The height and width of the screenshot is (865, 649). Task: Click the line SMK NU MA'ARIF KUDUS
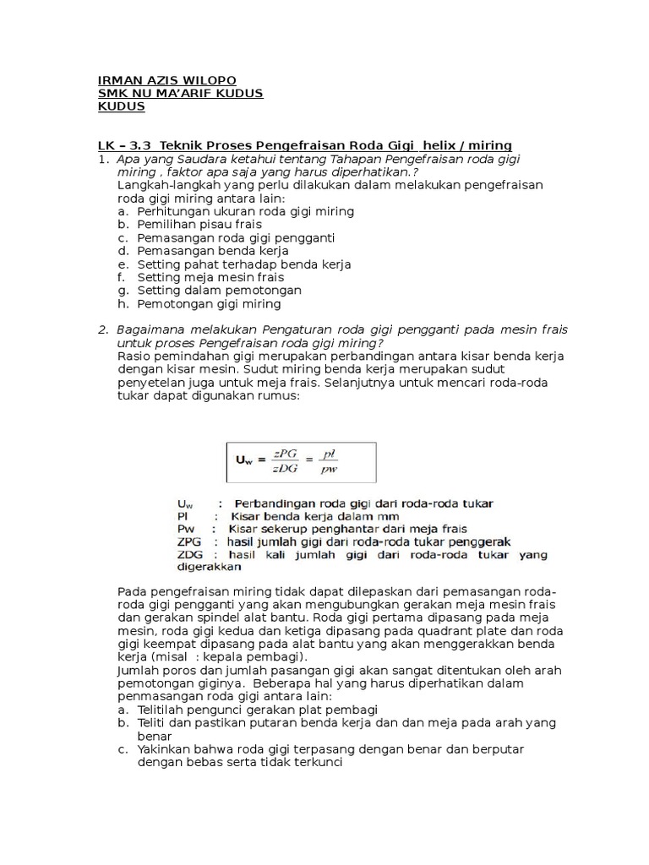(181, 93)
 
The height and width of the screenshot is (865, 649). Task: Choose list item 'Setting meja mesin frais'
(210, 277)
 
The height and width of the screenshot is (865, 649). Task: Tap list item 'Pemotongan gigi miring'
(209, 303)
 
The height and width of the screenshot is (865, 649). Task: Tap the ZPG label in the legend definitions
(190, 541)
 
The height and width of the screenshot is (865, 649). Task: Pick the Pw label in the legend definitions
(184, 529)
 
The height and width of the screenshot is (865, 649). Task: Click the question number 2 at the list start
(102, 329)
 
